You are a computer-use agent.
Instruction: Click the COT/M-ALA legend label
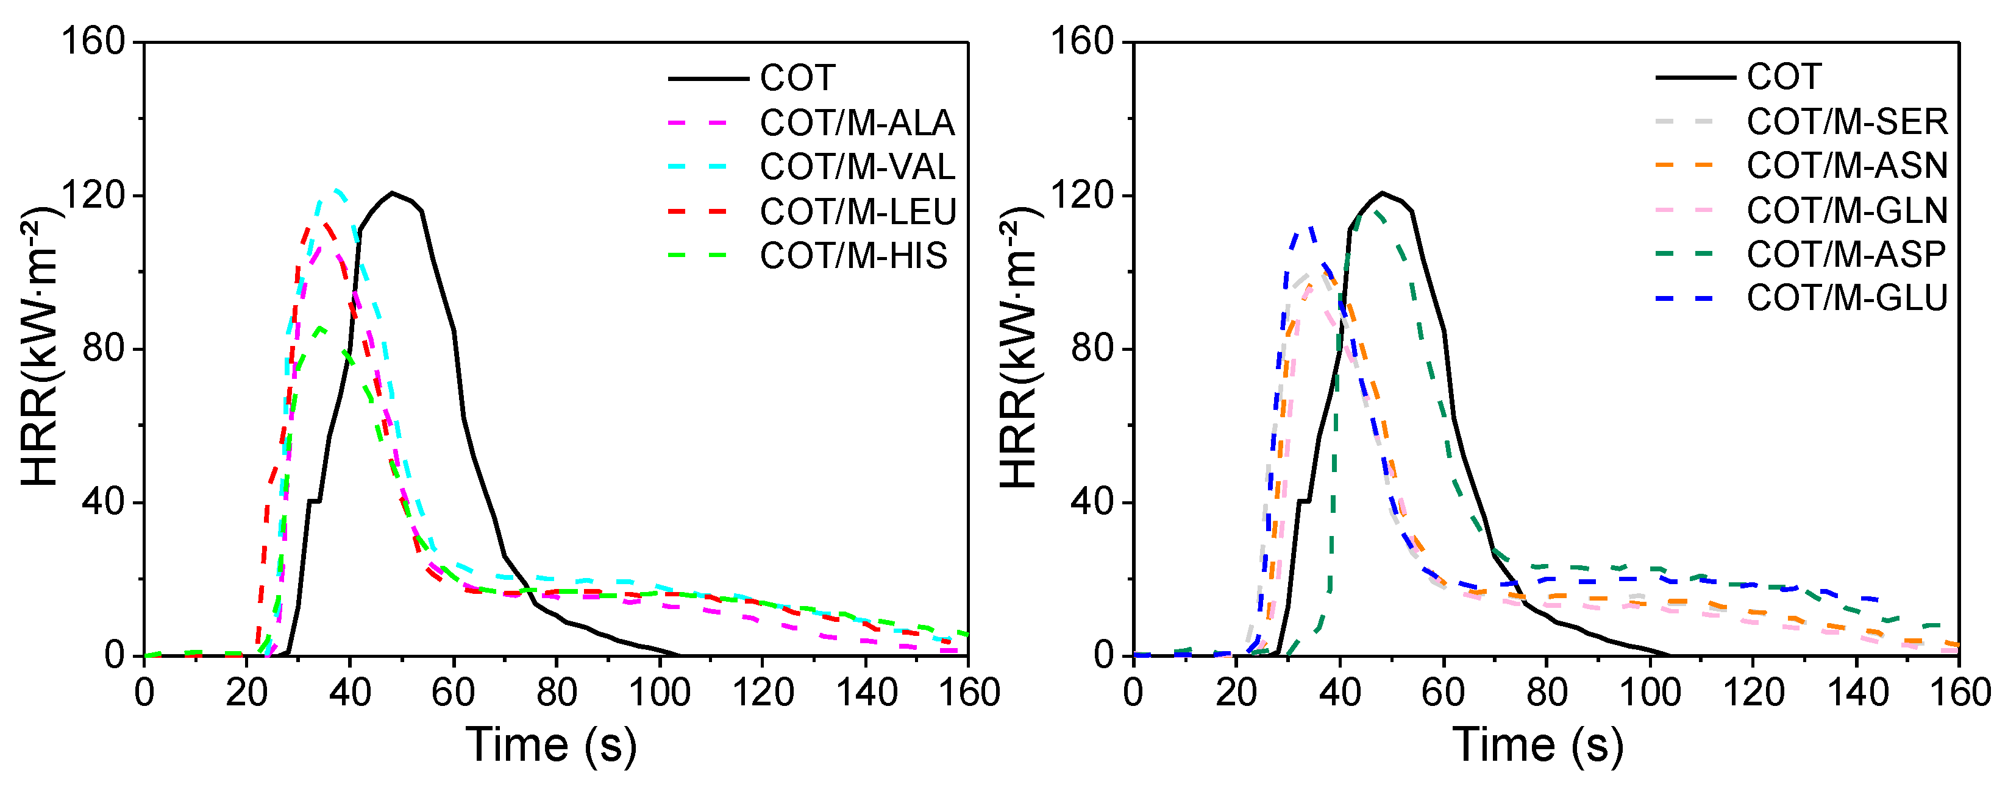pos(856,123)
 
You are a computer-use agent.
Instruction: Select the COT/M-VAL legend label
pos(856,168)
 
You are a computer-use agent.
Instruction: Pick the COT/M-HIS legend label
pos(853,256)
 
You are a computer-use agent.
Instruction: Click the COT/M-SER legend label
pos(1846,122)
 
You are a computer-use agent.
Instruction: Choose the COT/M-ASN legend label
pos(1846,166)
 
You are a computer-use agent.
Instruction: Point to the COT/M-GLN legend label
pos(1846,210)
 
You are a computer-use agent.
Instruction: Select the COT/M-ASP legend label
pos(1846,254)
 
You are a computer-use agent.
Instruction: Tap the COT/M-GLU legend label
pos(1846,298)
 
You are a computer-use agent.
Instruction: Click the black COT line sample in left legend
pos(708,79)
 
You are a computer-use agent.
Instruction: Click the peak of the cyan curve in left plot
pos(335,190)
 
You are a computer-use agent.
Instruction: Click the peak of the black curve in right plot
pos(1382,192)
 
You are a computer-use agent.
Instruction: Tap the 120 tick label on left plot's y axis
pos(93,195)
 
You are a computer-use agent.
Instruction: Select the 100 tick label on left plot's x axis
pos(659,693)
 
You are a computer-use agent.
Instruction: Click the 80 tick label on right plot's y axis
pos(1091,348)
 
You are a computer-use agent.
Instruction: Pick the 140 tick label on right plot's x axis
pos(1857,693)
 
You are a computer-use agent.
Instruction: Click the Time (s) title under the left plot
pos(550,745)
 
